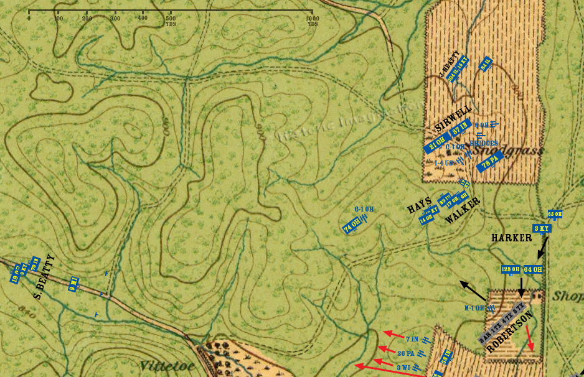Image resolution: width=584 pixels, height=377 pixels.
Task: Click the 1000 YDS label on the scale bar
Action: tap(312, 21)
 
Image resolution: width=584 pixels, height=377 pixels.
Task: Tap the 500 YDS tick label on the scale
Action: tap(171, 21)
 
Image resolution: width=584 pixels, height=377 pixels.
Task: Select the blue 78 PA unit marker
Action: tap(489, 162)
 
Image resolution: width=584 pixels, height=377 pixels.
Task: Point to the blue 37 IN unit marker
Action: tap(459, 131)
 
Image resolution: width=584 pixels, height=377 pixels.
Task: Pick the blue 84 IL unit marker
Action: tap(486, 64)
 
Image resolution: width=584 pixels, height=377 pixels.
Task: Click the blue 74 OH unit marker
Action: tap(352, 227)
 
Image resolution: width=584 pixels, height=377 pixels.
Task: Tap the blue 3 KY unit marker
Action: tap(542, 228)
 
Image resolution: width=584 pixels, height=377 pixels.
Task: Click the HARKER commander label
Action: tap(511, 238)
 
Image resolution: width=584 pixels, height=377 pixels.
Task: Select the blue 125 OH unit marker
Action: tap(511, 269)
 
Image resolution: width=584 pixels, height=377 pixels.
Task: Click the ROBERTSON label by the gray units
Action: tap(511, 333)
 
